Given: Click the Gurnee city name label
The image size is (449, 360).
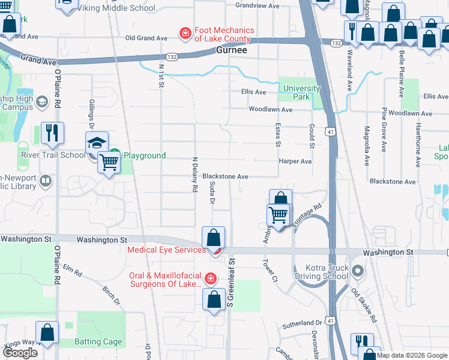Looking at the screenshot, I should pyautogui.click(x=231, y=51).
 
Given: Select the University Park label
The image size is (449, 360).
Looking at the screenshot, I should pyautogui.click(x=301, y=92).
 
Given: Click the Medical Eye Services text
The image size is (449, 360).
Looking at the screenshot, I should pyautogui.click(x=167, y=250).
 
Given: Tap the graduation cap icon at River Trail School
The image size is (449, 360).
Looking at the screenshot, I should pyautogui.click(x=96, y=144).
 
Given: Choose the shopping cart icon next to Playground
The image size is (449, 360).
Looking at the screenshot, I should pyautogui.click(x=109, y=161).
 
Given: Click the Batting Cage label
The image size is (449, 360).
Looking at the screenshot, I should pyautogui.click(x=98, y=342).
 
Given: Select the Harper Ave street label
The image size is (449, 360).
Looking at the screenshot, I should pyautogui.click(x=295, y=161).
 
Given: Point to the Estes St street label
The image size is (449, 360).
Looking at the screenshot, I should pyautogui.click(x=278, y=135).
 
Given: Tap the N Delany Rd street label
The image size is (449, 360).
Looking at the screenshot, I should pyautogui.click(x=195, y=174).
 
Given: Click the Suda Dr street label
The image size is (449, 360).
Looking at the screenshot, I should pyautogui.click(x=212, y=193).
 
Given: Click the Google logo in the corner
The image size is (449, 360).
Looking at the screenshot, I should pyautogui.click(x=19, y=353).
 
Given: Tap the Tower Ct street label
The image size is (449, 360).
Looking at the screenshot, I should pyautogui.click(x=270, y=271).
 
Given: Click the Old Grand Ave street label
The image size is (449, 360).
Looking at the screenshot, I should pyautogui.click(x=146, y=38).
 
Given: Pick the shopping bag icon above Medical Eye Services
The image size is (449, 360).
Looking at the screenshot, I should pyautogui.click(x=213, y=238).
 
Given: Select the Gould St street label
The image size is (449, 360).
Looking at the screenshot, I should pyautogui.click(x=312, y=135).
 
